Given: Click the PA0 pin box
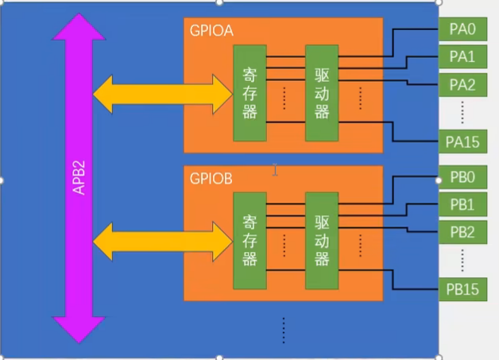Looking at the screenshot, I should [462, 30].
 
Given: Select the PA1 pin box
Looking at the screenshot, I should [462, 56].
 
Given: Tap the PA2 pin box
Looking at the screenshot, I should [462, 83].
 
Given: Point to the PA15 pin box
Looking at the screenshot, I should [462, 141].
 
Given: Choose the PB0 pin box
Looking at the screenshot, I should [462, 177].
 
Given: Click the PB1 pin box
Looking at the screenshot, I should [462, 204].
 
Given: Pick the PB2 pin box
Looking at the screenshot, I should [462, 231].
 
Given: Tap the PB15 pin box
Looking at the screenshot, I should [462, 289].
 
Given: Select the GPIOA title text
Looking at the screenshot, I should [211, 31].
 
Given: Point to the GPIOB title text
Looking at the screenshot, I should [211, 178].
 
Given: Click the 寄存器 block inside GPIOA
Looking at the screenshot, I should [249, 93].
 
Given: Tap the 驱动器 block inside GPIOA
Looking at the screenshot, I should [322, 93].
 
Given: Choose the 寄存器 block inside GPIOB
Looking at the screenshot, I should [249, 240].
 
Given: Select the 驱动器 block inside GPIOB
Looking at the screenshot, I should [322, 240].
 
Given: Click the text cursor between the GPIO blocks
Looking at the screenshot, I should [275, 169].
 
